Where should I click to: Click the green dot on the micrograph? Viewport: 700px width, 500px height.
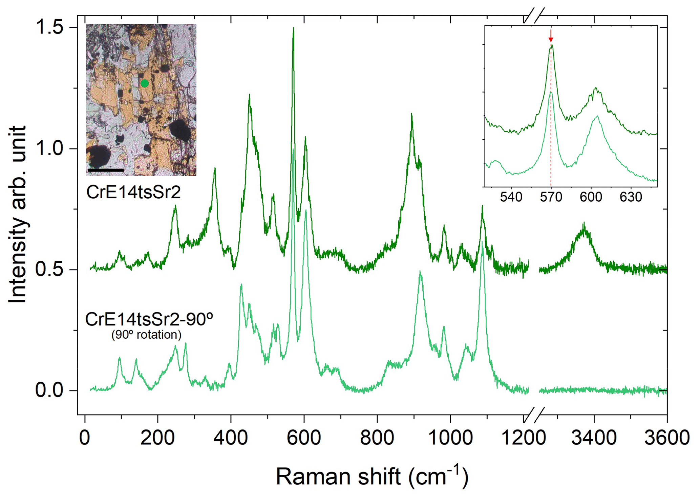click(145, 83)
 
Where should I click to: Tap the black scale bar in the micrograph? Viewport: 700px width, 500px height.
click(105, 170)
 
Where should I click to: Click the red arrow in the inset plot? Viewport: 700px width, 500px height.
click(551, 36)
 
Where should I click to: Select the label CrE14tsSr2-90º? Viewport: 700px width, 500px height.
click(149, 319)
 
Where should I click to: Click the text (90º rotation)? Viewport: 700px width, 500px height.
click(146, 335)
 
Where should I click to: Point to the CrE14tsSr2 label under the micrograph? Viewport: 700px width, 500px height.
click(133, 192)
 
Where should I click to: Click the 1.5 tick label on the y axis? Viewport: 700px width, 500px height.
click(50, 27)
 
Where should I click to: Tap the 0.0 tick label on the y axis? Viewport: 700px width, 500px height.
click(50, 391)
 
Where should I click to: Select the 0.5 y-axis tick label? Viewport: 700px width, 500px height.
click(50, 269)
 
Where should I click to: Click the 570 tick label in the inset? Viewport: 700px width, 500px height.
click(551, 197)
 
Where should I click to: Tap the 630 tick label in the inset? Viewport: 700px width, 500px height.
click(631, 197)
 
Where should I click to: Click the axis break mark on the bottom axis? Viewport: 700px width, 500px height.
click(534, 415)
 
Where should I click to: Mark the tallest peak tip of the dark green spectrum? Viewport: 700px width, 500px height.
click(293, 28)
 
